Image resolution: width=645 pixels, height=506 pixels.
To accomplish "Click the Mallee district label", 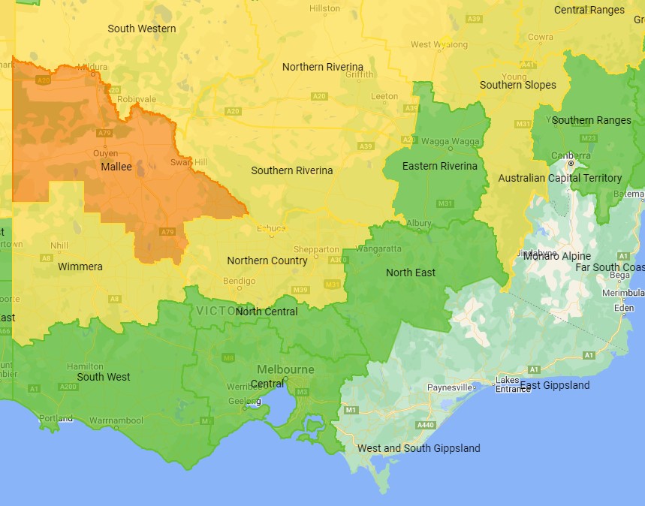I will (116, 167).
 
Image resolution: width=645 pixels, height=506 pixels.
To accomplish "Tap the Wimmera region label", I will (80, 267).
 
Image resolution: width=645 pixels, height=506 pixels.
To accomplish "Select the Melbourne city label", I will (285, 369).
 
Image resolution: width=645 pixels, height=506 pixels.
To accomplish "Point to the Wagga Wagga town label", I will (450, 141).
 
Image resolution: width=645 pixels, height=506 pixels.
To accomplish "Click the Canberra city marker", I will (571, 163).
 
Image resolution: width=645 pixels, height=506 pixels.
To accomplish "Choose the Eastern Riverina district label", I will (439, 166).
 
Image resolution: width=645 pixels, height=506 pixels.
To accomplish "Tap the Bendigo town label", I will (240, 281).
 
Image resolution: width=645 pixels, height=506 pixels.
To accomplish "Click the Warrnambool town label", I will (116, 420).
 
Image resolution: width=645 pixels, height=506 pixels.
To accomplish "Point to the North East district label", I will (410, 273).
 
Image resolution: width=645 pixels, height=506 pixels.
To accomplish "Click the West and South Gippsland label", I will (418, 448).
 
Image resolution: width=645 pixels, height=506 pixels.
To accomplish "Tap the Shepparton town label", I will (317, 249).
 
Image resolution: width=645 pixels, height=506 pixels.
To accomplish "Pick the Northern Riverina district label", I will (322, 67).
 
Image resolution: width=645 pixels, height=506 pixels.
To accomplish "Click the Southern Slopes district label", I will (517, 85).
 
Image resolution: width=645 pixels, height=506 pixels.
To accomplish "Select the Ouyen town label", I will (105, 152).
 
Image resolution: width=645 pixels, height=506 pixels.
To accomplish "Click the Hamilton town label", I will (85, 366).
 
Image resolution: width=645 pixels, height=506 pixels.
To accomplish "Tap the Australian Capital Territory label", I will (559, 178).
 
